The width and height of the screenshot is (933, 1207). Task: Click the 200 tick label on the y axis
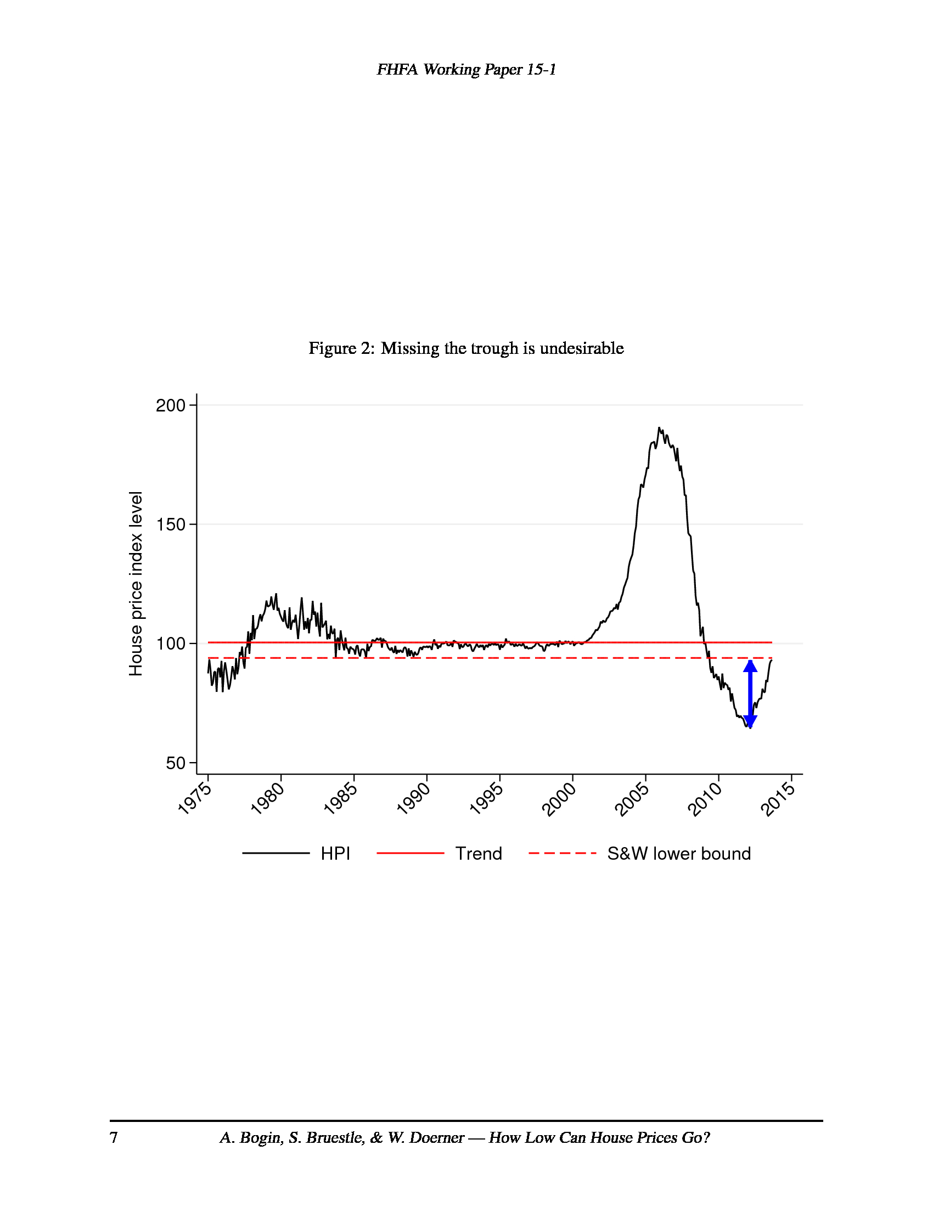[170, 405]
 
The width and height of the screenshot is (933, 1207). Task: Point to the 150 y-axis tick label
[170, 524]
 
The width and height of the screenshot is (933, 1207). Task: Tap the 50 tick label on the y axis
[175, 763]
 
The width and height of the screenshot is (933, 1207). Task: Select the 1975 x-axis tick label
[195, 799]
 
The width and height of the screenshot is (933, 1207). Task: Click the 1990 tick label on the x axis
[413, 799]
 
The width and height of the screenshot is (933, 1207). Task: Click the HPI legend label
[335, 854]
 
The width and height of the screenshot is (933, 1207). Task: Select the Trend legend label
[478, 854]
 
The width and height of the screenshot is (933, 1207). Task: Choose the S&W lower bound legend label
[679, 854]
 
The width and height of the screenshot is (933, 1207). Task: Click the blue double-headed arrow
[750, 694]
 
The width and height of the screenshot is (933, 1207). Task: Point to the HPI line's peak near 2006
[659, 428]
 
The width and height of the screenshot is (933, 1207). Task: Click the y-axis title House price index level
[136, 584]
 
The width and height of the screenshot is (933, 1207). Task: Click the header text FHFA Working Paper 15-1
[466, 70]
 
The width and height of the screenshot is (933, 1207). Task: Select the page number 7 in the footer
[114, 1137]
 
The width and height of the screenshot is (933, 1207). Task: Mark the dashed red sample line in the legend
[562, 853]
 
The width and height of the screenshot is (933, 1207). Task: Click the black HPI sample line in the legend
[276, 853]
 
